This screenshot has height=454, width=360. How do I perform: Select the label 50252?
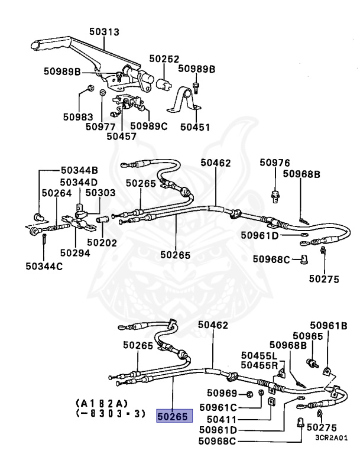point(164,59)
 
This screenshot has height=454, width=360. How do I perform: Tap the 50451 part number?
point(195,126)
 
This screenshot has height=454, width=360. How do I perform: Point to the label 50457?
point(122,135)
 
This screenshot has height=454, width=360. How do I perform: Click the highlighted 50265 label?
point(172,416)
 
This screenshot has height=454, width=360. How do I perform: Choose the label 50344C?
point(44,266)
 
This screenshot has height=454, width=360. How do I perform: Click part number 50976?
point(275,162)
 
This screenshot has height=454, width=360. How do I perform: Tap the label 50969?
point(222,393)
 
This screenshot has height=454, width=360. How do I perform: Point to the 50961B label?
point(329,326)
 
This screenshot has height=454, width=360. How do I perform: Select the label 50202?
point(102,242)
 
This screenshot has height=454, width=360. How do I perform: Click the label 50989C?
point(149,125)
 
